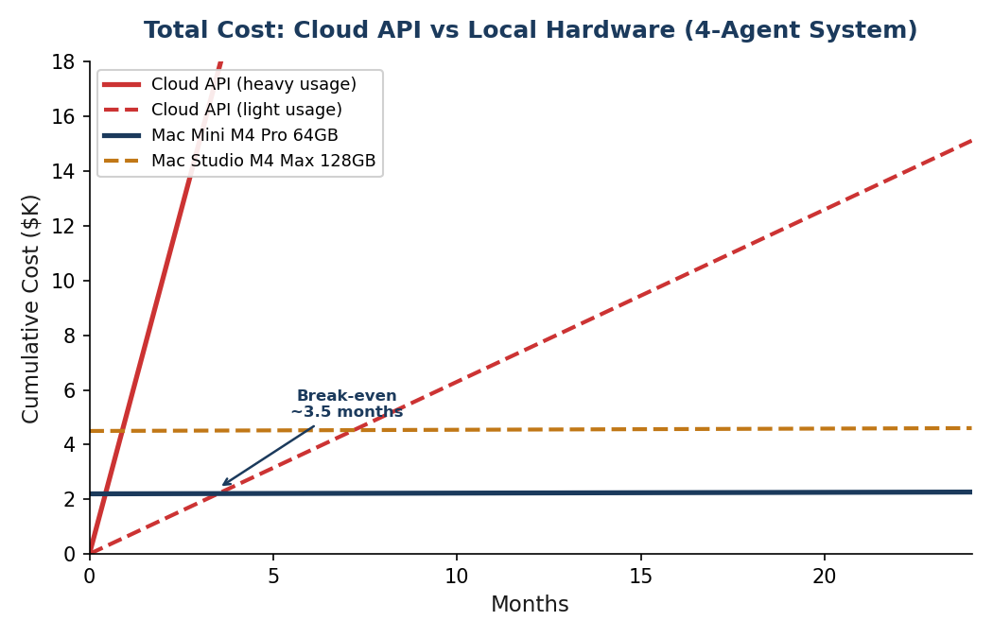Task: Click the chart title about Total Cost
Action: click(x=530, y=31)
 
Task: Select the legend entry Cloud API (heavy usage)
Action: click(x=253, y=85)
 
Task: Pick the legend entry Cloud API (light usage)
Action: click(x=247, y=111)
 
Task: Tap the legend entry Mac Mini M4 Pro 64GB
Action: click(x=244, y=136)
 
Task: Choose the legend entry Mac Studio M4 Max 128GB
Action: click(x=263, y=162)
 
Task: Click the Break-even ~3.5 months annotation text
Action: click(x=347, y=405)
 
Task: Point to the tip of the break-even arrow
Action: click(x=222, y=486)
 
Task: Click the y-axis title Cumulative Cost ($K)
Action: click(x=31, y=308)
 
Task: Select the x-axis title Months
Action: click(x=530, y=606)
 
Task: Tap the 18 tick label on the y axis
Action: click(x=63, y=62)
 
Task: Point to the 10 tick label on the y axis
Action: click(x=63, y=282)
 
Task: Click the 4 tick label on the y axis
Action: click(x=69, y=445)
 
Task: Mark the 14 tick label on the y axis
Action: click(x=63, y=172)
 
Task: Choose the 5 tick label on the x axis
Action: click(x=273, y=577)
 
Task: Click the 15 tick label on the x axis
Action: click(x=640, y=577)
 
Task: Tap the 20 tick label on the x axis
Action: click(x=824, y=577)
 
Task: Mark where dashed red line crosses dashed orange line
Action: click(x=353, y=430)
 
